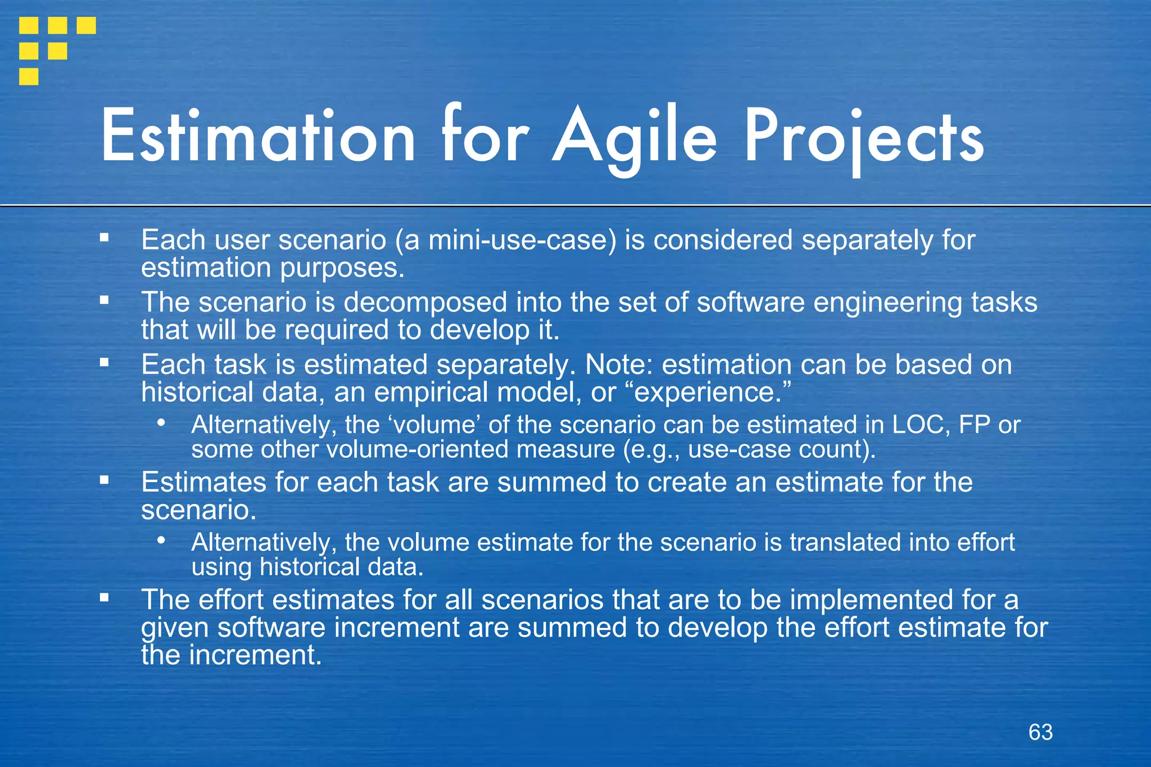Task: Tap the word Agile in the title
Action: [635, 138]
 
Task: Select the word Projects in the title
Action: [864, 138]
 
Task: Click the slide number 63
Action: [1040, 732]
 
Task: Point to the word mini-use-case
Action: [506, 240]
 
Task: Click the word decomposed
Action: [425, 303]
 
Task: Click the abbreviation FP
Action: [975, 425]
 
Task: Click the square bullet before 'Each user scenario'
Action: [104, 238]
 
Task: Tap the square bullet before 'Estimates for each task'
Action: [104, 480]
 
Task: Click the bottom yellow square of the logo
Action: [29, 76]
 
